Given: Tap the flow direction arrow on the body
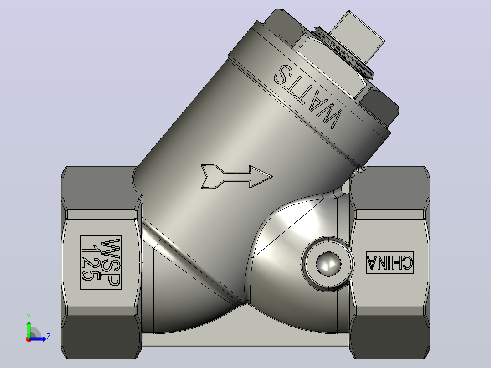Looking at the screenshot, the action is click(236, 177).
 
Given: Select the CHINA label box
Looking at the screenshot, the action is click(390, 262).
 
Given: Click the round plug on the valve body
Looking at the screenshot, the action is click(328, 264).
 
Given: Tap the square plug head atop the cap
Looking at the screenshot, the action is click(357, 36).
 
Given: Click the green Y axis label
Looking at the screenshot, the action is click(29, 317).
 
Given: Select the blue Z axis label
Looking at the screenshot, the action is click(49, 337).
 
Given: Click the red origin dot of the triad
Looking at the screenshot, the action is click(29, 339).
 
